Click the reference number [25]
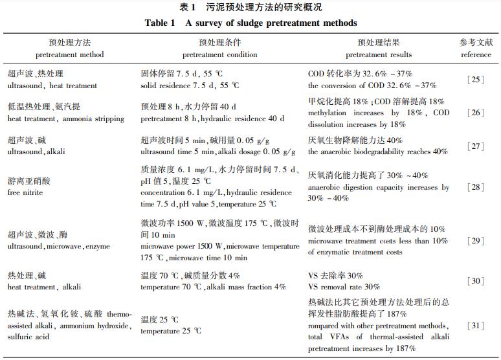pyautogui.click(x=476, y=80)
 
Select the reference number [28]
pyautogui.click(x=476, y=188)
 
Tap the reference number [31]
pyautogui.click(x=476, y=325)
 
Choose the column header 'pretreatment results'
pyautogui.click(x=379, y=55)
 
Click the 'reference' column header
pyautogui.click(x=476, y=55)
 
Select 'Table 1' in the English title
pyautogui.click(x=160, y=23)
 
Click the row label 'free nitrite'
pyautogui.click(x=25, y=192)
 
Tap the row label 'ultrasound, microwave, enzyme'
pyautogui.click(x=59, y=247)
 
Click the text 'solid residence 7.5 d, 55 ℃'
pyautogui.click(x=190, y=85)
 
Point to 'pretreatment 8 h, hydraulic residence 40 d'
pyautogui.click(x=212, y=118)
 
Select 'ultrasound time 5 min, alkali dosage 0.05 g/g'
pyautogui.click(x=217, y=152)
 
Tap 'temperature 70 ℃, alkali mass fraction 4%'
pyautogui.click(x=213, y=287)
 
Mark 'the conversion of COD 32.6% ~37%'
pyautogui.click(x=372, y=85)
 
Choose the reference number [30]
pyautogui.click(x=476, y=281)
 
